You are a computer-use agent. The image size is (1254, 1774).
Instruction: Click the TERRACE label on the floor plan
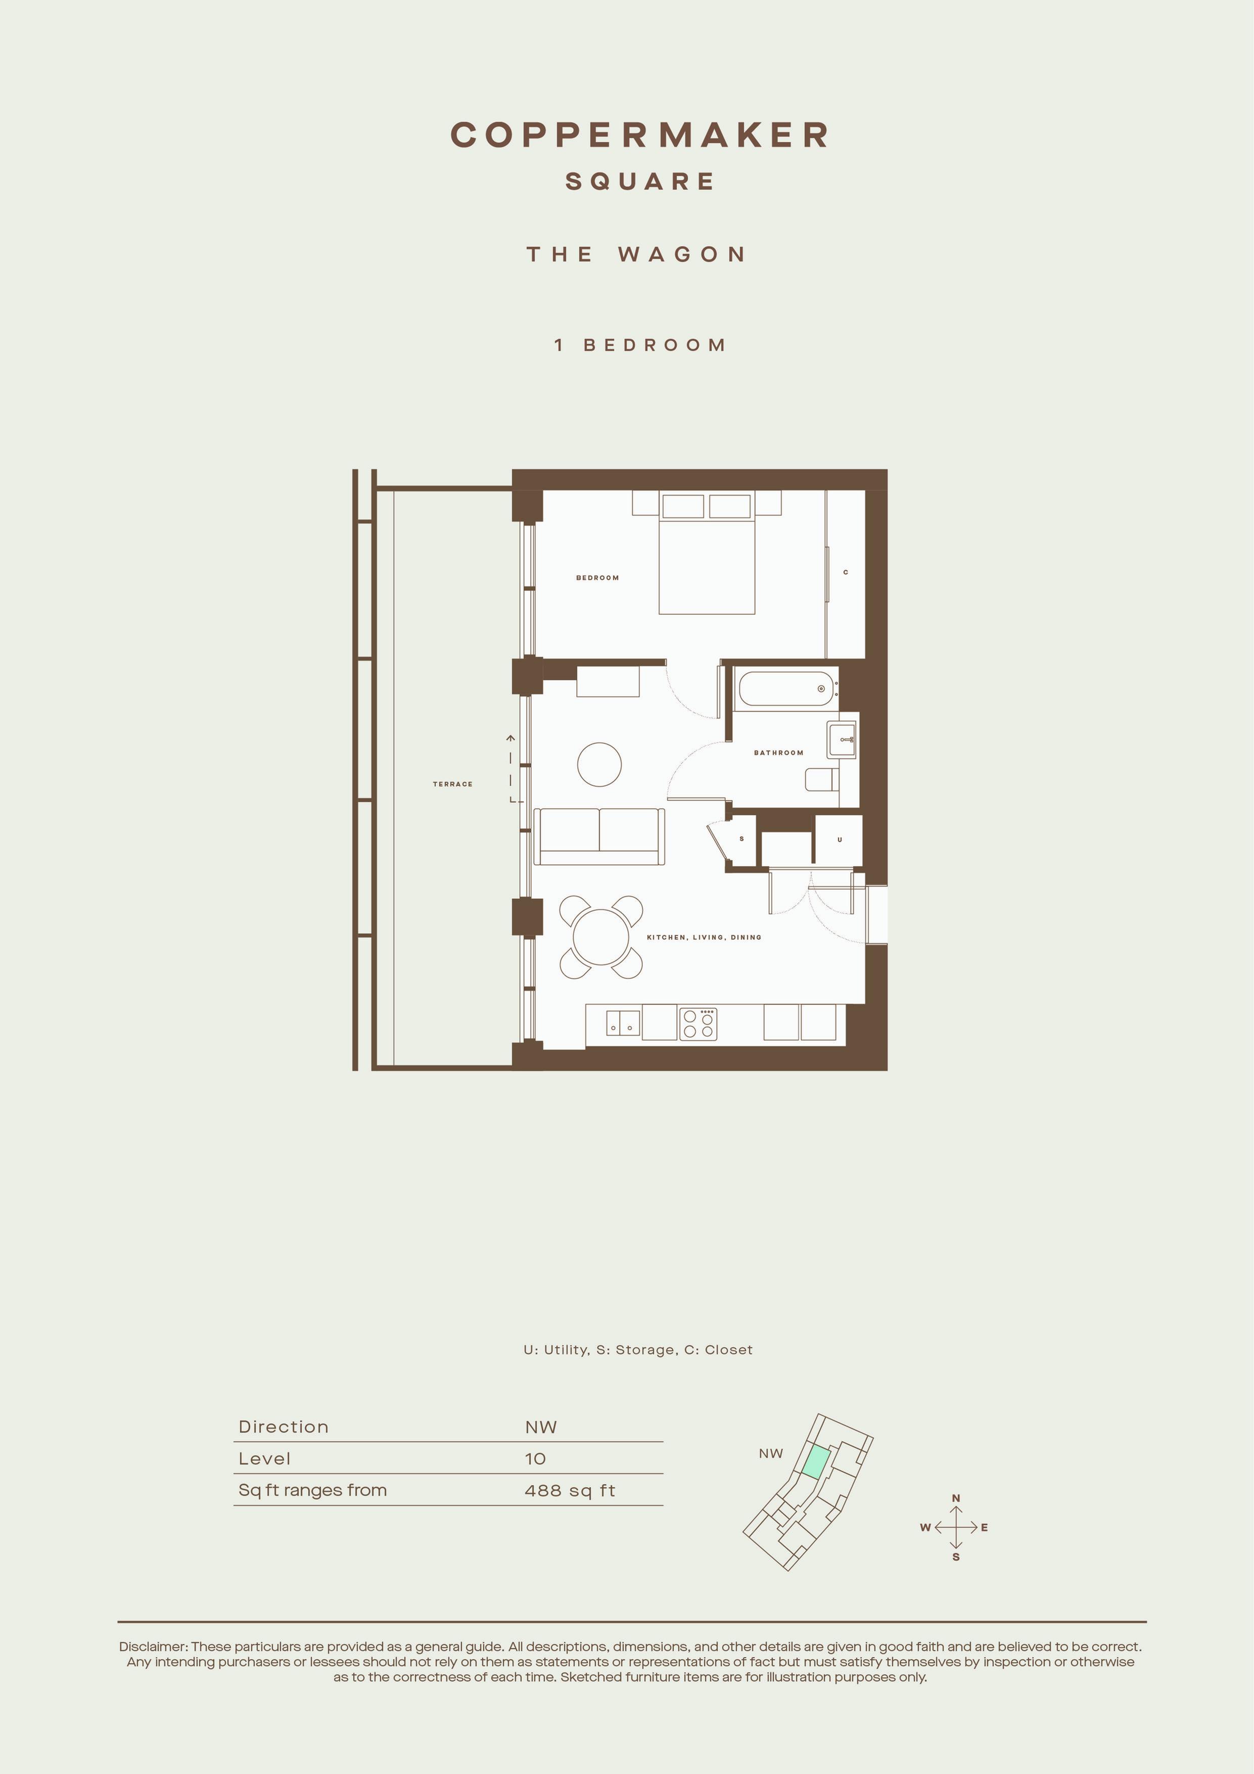click(452, 784)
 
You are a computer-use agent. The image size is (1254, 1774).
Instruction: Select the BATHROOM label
click(778, 752)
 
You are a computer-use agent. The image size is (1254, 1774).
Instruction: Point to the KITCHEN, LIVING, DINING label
click(704, 937)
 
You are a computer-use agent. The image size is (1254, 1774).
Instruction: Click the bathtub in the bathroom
click(786, 688)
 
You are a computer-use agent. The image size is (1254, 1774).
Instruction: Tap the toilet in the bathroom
click(821, 780)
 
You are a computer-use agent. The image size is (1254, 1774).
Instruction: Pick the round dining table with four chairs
click(601, 937)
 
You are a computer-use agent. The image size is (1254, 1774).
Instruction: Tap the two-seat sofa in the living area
click(599, 837)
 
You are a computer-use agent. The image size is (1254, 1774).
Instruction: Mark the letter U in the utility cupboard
click(840, 840)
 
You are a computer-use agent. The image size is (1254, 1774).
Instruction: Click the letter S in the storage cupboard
click(742, 839)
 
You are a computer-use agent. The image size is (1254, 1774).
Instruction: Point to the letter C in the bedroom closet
click(846, 572)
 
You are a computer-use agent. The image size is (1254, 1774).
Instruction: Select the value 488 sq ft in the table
click(570, 1490)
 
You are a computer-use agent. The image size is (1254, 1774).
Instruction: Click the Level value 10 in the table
click(535, 1459)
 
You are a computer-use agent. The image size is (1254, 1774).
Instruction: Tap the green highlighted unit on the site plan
click(816, 1462)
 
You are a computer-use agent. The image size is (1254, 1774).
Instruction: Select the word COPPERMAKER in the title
click(639, 135)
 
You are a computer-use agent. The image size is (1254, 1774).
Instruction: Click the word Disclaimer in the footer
click(152, 1647)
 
